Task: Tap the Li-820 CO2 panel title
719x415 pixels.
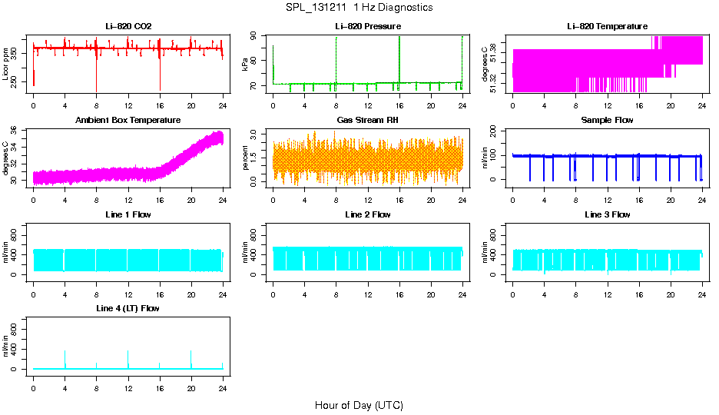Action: (128, 26)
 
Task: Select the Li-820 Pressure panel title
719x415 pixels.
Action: (367, 26)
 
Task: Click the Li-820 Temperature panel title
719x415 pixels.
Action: (607, 26)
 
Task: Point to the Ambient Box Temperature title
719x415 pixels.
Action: (128, 121)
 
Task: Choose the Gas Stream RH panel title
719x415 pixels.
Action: (367, 121)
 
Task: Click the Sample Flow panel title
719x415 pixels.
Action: (607, 121)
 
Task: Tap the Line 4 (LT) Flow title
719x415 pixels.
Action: (128, 308)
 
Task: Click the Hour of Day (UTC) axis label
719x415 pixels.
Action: (359, 405)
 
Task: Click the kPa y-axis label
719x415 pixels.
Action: (245, 64)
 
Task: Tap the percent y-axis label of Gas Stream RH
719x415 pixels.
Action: (245, 158)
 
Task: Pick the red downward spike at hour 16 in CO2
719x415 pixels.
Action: (159, 77)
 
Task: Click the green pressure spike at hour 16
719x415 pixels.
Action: (399, 54)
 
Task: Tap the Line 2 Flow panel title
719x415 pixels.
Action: (367, 214)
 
